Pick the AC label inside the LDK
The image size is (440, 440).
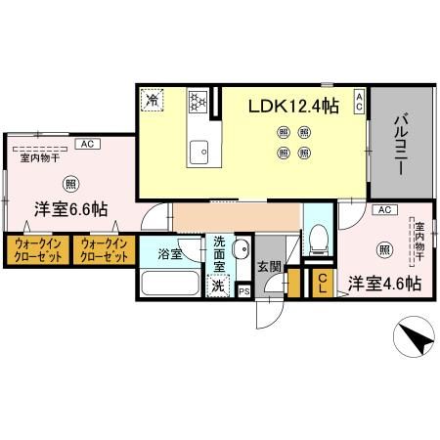[359, 102]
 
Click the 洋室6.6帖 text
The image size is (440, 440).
[71, 209]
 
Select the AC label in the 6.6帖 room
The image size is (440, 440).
[86, 145]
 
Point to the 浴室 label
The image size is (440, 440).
[169, 254]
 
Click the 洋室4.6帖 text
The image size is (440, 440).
[385, 284]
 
